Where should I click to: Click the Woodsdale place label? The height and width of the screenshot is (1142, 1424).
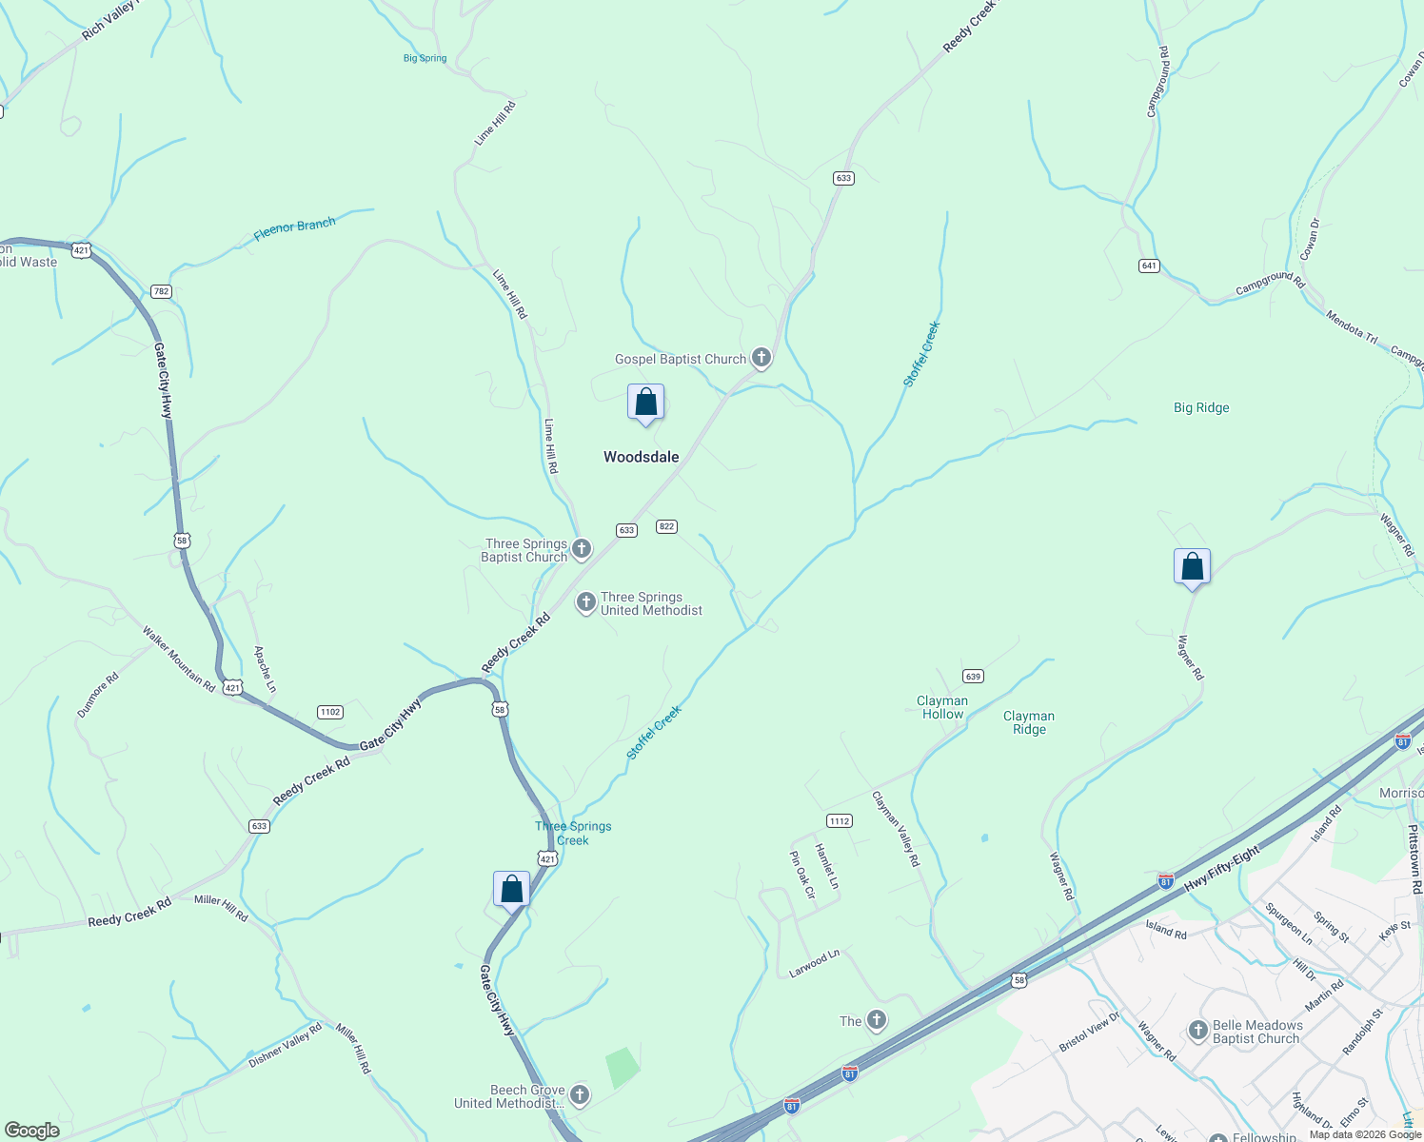pyautogui.click(x=641, y=457)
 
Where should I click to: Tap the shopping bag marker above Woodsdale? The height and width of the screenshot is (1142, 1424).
pyautogui.click(x=645, y=403)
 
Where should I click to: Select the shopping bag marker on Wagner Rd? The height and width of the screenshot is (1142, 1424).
pyautogui.click(x=1192, y=567)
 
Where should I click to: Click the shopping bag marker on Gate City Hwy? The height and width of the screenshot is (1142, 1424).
pyautogui.click(x=511, y=890)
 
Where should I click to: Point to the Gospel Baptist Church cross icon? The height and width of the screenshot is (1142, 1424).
pyautogui.click(x=761, y=358)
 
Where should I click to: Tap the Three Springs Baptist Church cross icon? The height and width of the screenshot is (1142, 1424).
pyautogui.click(x=581, y=549)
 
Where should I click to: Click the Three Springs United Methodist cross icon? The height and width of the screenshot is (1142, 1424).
pyautogui.click(x=586, y=602)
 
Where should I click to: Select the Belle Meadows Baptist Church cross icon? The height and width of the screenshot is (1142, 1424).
pyautogui.click(x=1198, y=1031)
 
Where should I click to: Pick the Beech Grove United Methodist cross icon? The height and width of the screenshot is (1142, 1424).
pyautogui.click(x=579, y=1095)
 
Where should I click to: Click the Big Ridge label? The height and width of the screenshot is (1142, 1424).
pyautogui.click(x=1201, y=407)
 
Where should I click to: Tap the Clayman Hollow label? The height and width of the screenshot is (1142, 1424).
pyautogui.click(x=942, y=707)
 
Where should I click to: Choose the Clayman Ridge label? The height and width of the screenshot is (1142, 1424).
pyautogui.click(x=1029, y=722)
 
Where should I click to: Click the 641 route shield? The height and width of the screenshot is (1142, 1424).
pyautogui.click(x=1149, y=266)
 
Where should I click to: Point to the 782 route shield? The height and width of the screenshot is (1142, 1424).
pyautogui.click(x=161, y=291)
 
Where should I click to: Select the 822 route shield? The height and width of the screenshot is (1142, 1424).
pyautogui.click(x=666, y=526)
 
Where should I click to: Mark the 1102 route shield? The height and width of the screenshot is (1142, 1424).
pyautogui.click(x=329, y=712)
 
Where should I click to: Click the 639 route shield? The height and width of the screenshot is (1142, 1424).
pyautogui.click(x=972, y=677)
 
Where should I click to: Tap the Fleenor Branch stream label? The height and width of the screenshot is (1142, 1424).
pyautogui.click(x=294, y=229)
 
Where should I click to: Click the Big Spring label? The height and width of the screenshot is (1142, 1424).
pyautogui.click(x=425, y=58)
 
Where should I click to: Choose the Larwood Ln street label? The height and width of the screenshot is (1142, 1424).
pyautogui.click(x=815, y=962)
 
